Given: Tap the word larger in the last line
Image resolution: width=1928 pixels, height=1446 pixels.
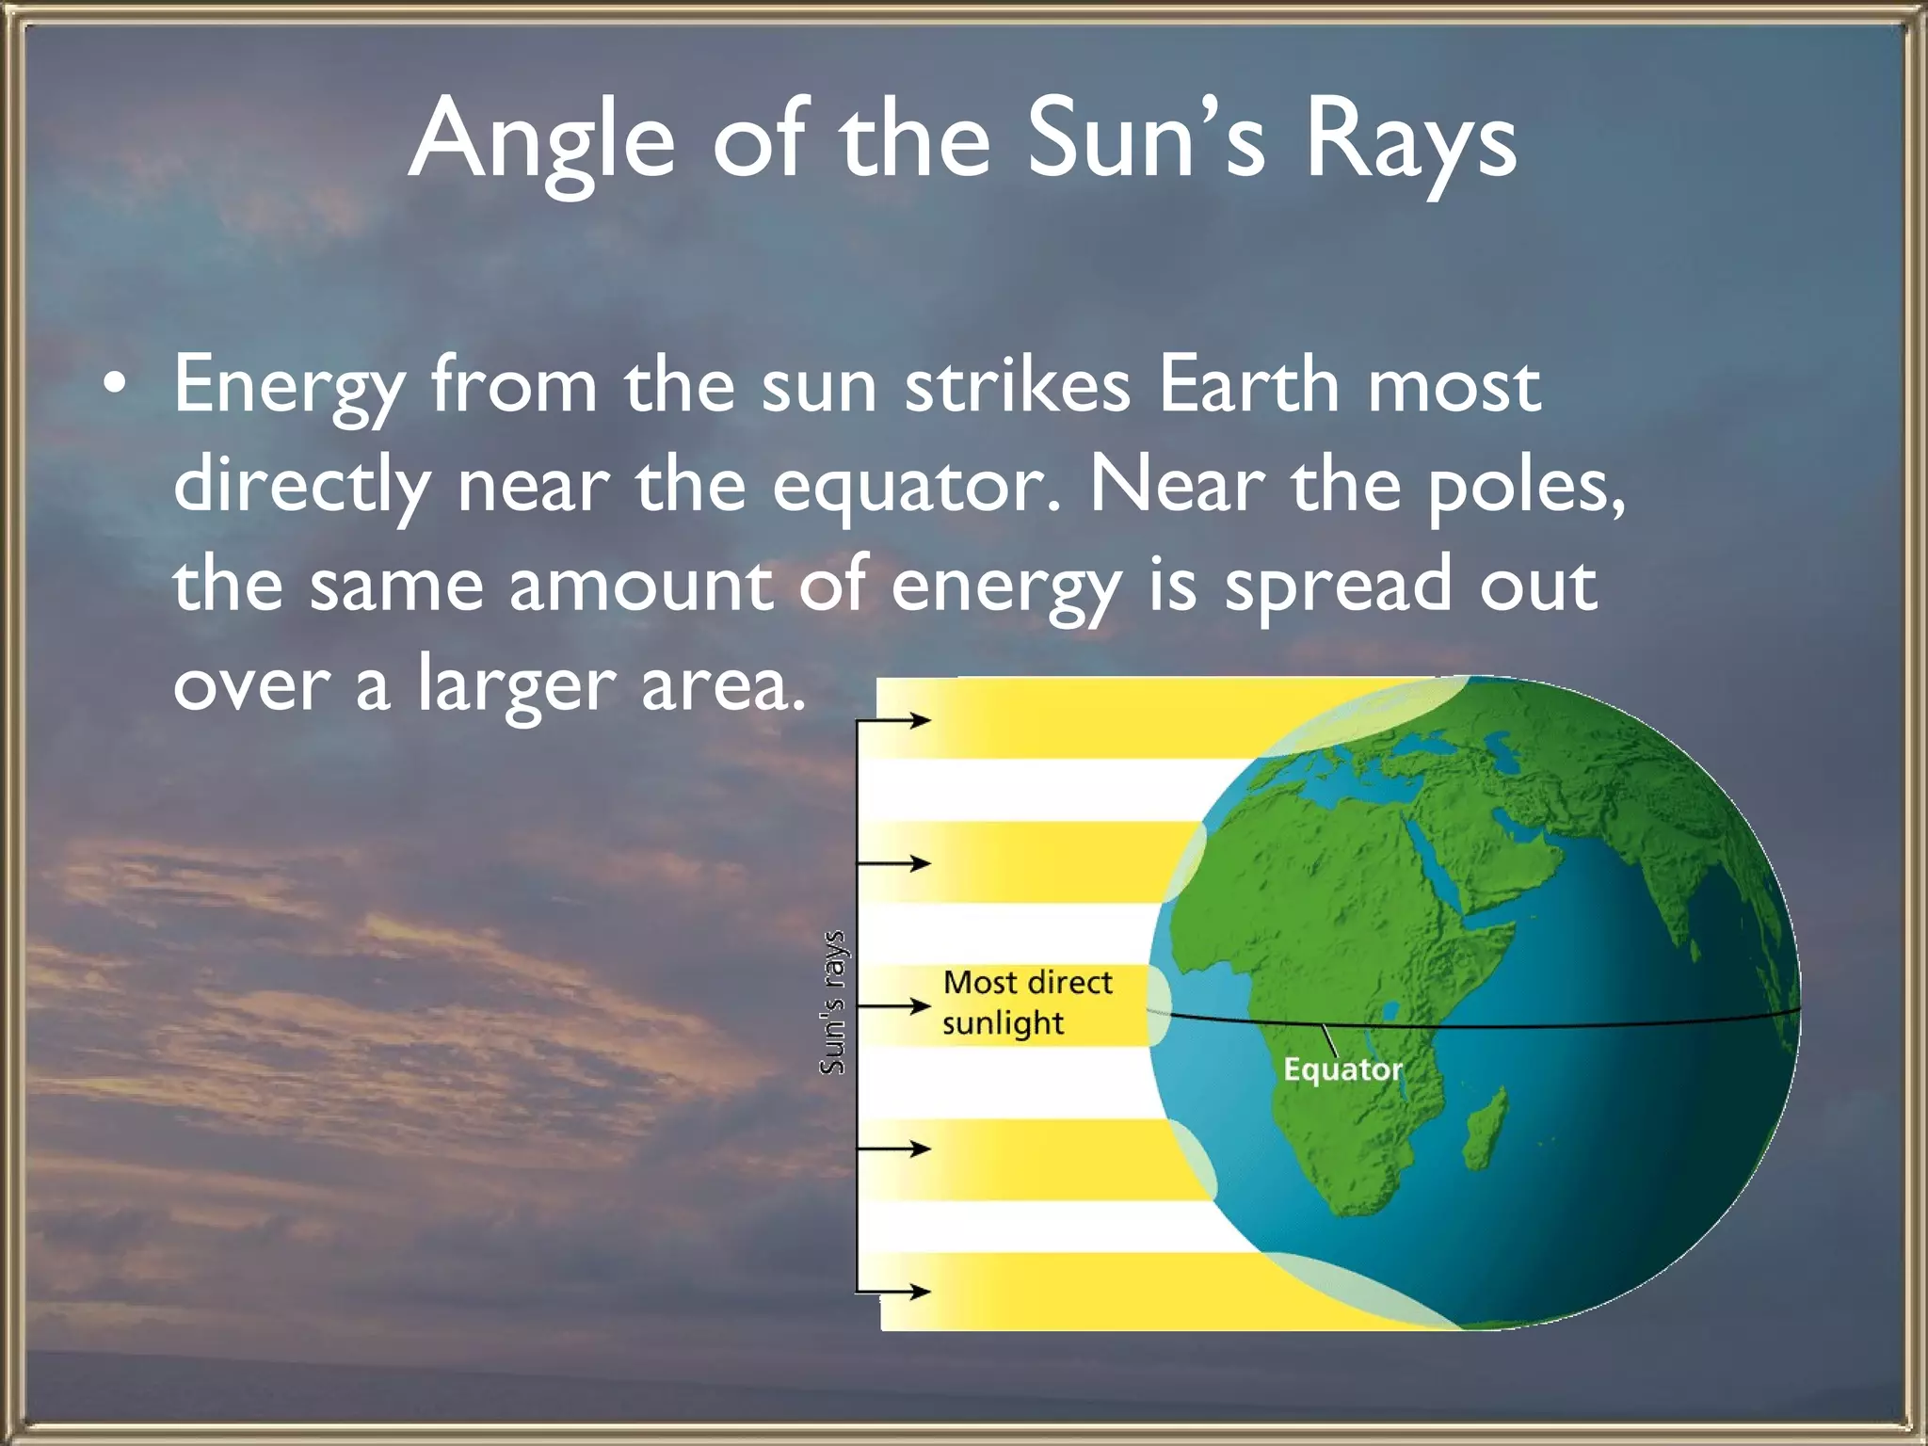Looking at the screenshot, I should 517,684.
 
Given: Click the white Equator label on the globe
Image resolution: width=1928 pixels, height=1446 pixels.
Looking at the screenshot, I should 1342,1069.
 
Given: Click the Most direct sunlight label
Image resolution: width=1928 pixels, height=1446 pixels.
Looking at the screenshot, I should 1025,1002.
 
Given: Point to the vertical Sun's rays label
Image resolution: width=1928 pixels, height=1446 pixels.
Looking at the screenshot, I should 832,1002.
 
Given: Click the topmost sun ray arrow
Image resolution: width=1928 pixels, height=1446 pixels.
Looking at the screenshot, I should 894,721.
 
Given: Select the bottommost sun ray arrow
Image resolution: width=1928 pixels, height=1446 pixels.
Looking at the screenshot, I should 894,1292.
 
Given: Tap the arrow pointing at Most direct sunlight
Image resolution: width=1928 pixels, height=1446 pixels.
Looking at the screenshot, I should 894,1006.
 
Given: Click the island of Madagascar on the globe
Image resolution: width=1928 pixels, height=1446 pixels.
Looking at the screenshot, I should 1486,1130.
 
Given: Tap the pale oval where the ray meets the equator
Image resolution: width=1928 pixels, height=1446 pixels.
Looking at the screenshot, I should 1159,1005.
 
